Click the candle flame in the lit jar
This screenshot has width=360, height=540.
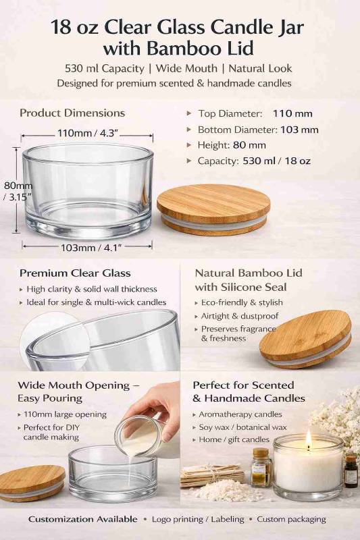(308, 439)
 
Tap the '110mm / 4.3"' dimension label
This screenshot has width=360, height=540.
(84, 132)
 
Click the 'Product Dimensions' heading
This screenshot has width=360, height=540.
(72, 113)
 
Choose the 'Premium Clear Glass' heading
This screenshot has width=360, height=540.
(75, 273)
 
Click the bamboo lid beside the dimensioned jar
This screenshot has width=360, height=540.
(213, 209)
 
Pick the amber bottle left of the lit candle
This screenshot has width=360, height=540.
(261, 467)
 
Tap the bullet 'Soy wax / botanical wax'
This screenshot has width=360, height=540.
(242, 427)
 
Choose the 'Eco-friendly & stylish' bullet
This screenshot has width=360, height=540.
(242, 302)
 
